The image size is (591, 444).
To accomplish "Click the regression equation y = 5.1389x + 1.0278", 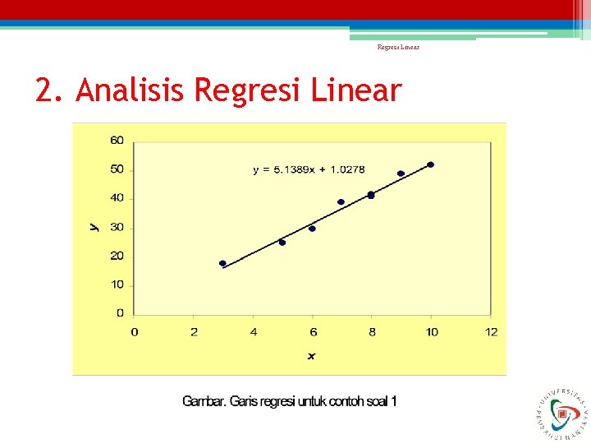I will tap(309, 169).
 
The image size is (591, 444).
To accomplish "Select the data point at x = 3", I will tap(222, 263).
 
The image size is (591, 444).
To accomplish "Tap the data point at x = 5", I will tap(282, 243).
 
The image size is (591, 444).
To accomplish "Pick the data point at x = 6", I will tap(312, 229).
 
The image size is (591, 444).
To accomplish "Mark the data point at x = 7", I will tap(341, 201).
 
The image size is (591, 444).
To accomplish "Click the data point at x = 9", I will tap(401, 173).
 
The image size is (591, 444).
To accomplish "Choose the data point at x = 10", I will tap(430, 164).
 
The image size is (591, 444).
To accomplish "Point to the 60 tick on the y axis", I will tap(117, 141).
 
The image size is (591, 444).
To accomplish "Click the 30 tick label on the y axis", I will tap(117, 227).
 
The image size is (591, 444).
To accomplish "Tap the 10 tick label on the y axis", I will tap(117, 284).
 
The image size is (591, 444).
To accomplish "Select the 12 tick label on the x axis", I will tap(491, 331).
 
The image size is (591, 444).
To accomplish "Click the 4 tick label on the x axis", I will tap(253, 331).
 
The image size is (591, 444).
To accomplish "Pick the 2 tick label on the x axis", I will tap(194, 331).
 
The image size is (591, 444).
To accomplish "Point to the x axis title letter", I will tap(312, 356).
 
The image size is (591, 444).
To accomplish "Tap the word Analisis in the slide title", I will tap(131, 90).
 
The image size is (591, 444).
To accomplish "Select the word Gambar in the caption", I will tap(203, 402).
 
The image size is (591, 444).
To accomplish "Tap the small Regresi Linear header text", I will tap(398, 48).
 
